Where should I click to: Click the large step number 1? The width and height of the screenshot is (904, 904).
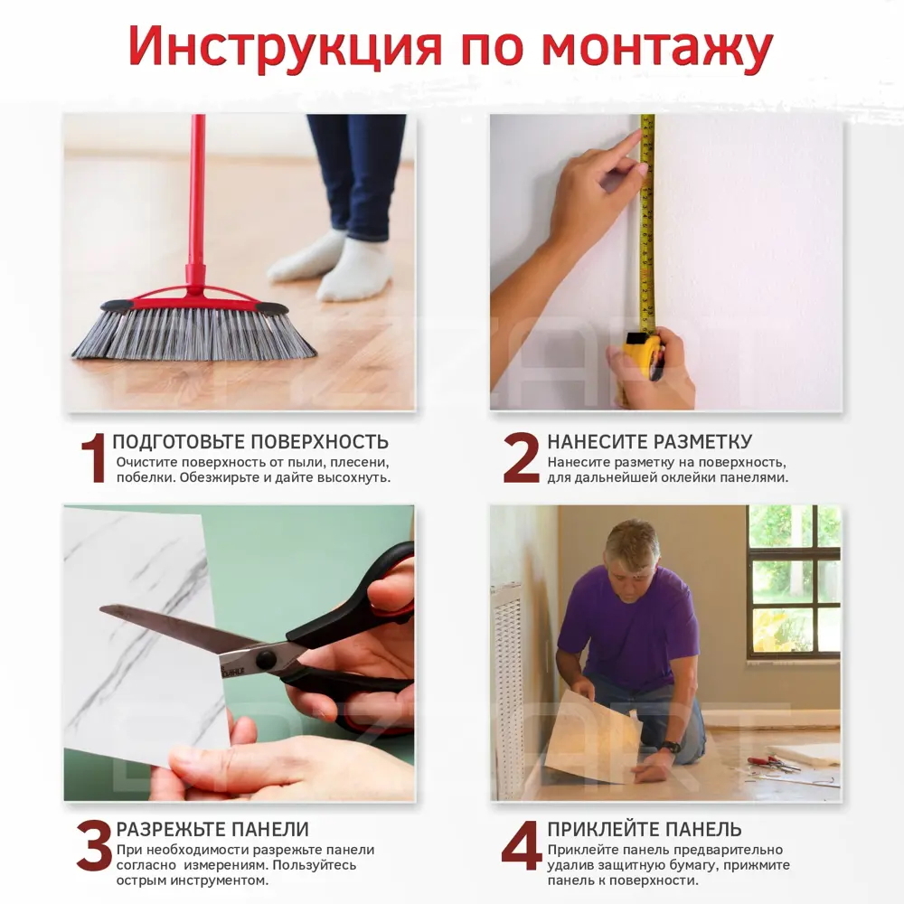(94, 458)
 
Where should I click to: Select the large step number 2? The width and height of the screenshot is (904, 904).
(521, 458)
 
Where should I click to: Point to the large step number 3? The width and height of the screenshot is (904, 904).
(94, 846)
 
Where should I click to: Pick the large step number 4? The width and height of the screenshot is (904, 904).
(521, 846)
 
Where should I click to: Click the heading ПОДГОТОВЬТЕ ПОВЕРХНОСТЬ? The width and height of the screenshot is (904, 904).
(250, 442)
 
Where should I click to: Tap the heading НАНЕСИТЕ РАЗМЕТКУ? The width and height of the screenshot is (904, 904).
(649, 442)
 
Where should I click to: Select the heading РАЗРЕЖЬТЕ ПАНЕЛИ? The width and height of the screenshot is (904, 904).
(212, 829)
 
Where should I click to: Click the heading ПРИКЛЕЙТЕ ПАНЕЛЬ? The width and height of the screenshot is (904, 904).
(644, 829)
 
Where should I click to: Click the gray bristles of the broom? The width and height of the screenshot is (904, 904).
(194, 334)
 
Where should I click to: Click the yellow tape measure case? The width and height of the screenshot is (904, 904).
(643, 355)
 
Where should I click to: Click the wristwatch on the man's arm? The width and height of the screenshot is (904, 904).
(669, 747)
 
